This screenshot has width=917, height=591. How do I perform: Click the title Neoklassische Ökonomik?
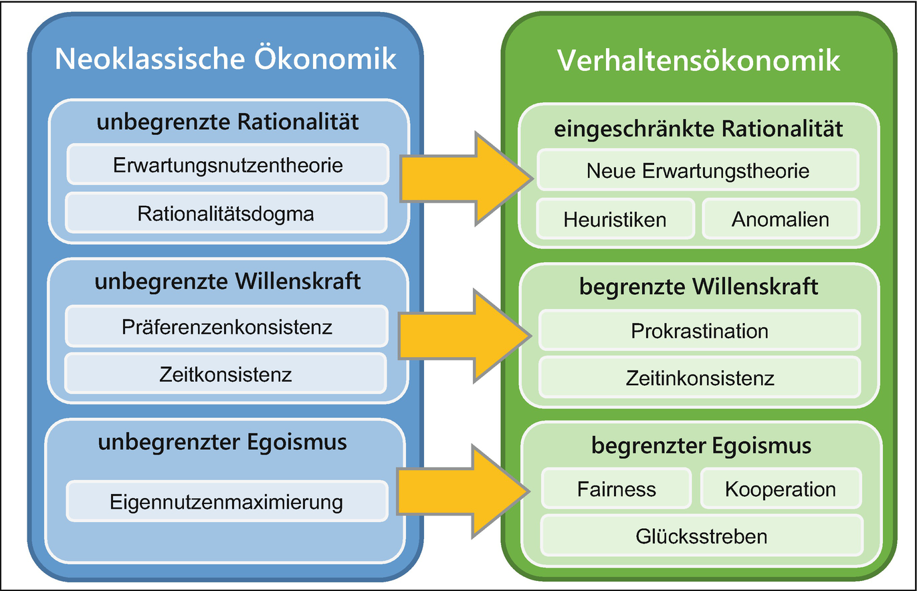point(225,59)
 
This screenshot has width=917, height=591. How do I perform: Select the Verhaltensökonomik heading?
point(699,61)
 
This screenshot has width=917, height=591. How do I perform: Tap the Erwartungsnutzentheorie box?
point(227,164)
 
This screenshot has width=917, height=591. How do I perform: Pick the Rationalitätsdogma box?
point(226,213)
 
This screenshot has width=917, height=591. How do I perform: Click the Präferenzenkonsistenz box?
point(226,326)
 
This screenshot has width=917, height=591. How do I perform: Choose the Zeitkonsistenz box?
point(225,373)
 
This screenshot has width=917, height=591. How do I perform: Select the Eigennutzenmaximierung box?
point(227,501)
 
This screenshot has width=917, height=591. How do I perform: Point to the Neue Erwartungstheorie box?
point(698,170)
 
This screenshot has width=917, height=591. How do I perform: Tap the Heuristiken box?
point(615,219)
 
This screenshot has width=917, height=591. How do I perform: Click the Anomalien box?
point(781,219)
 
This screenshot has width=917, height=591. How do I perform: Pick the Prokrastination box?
point(700,330)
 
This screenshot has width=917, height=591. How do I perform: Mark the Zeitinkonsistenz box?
point(700,377)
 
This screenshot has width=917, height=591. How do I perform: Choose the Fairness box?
point(617,488)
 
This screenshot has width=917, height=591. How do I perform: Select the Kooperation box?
point(781,488)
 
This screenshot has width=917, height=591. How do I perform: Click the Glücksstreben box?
point(702,536)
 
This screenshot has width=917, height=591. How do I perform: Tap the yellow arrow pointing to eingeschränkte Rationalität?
point(466,179)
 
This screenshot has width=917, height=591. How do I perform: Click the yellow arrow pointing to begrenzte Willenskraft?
point(465,336)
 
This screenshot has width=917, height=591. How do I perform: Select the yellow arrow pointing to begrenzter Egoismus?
point(464,491)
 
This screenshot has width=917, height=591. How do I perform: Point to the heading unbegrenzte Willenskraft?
point(227,281)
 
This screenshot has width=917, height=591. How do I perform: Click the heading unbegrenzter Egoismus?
point(222,442)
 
